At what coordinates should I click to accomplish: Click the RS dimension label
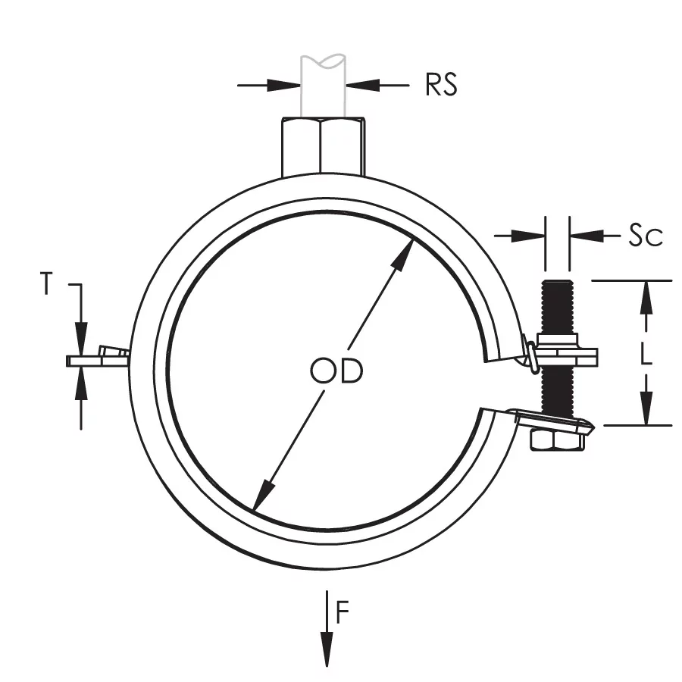point(441,85)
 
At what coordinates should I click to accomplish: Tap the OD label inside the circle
point(336,371)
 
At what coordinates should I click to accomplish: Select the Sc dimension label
point(646,236)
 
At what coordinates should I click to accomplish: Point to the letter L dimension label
point(646,353)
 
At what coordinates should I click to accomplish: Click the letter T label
point(48,285)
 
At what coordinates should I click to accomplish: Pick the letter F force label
point(343,612)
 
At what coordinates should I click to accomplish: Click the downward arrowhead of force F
point(327,652)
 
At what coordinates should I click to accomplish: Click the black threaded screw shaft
point(557,311)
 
